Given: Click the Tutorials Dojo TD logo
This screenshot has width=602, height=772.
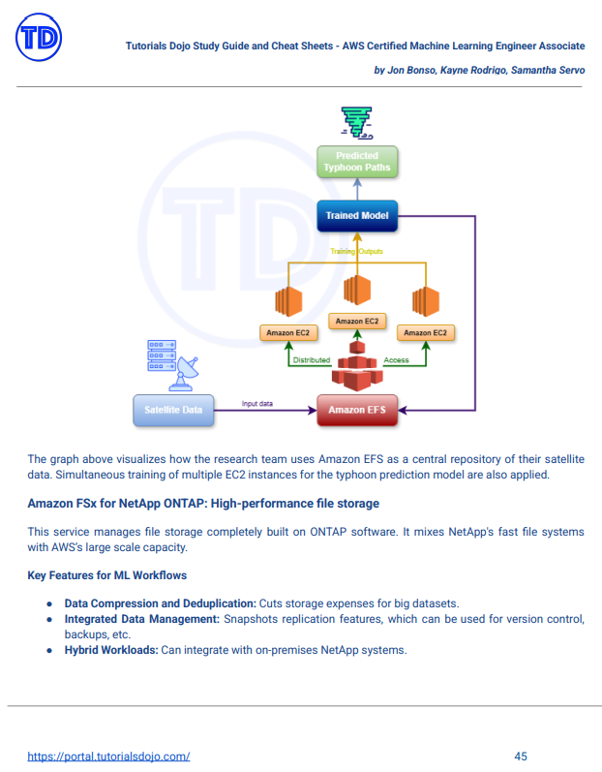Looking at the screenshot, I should tap(40, 40).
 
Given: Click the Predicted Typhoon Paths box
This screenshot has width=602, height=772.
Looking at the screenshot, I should tap(357, 162).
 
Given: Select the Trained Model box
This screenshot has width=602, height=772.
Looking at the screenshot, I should tap(357, 216).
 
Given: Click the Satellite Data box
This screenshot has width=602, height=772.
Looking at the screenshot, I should tap(173, 410).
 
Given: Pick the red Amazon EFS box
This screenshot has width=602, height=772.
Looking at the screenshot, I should tap(357, 410).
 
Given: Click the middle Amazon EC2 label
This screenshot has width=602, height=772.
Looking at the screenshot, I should tap(357, 321).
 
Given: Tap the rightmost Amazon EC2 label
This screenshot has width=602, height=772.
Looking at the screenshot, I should tap(426, 332).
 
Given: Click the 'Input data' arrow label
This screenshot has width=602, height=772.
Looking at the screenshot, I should tap(257, 402).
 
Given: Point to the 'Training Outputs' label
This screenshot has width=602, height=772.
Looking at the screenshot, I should tap(356, 252).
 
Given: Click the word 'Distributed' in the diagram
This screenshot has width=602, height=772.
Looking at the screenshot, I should tap(312, 360).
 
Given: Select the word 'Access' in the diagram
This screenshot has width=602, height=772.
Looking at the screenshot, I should tap(396, 360).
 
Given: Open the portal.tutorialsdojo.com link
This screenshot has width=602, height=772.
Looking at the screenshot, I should tap(108, 756).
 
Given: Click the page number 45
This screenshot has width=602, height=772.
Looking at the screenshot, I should tap(521, 756).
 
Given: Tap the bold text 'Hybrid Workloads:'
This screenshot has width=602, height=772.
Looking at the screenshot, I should tap(109, 650).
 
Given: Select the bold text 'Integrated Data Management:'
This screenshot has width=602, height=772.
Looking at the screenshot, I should tap(141, 618).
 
